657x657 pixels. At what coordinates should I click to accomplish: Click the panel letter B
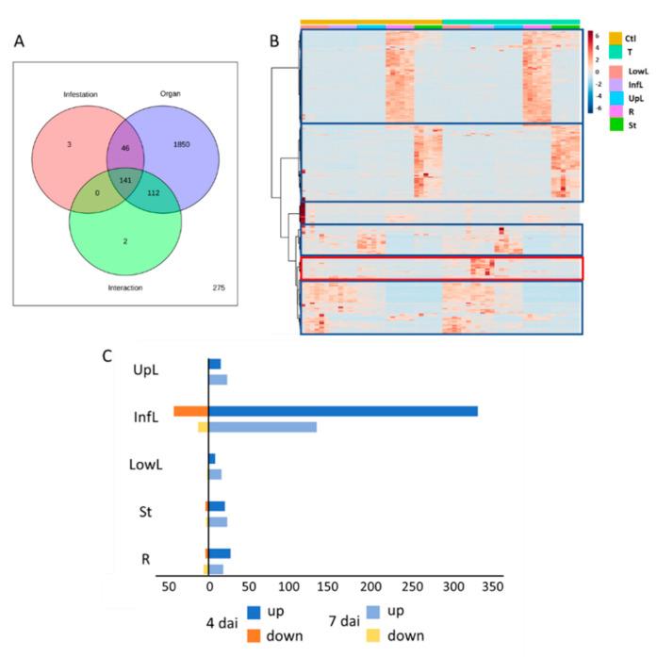(x=274, y=41)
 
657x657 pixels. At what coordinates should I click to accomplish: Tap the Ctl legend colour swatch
(x=615, y=38)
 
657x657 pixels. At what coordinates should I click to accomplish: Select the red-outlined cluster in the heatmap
(x=441, y=268)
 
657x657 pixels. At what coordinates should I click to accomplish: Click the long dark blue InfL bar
(x=343, y=411)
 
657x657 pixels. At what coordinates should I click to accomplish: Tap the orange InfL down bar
(x=190, y=411)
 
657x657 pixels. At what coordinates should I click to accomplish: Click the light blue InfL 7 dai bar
(x=262, y=427)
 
